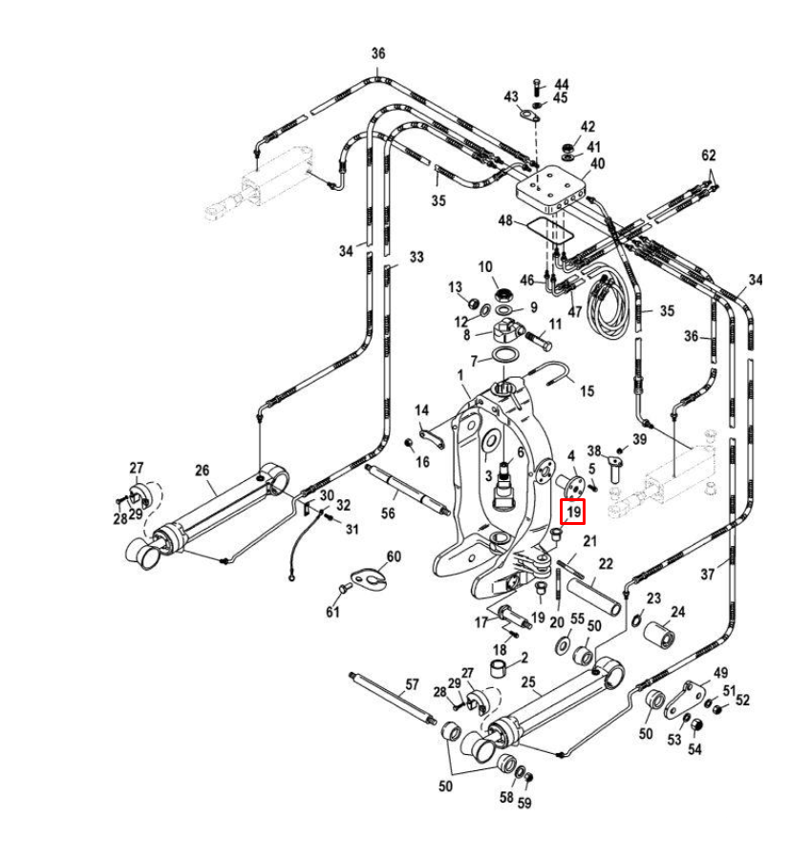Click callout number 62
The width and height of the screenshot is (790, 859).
[708, 156]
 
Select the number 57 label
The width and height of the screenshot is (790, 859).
[413, 684]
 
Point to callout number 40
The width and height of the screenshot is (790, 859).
[598, 164]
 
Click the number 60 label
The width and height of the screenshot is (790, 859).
[394, 556]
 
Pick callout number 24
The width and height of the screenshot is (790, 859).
[678, 613]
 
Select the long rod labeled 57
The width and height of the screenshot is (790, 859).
[392, 699]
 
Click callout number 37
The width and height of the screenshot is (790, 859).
[707, 574]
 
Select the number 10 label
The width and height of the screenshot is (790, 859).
[484, 266]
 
